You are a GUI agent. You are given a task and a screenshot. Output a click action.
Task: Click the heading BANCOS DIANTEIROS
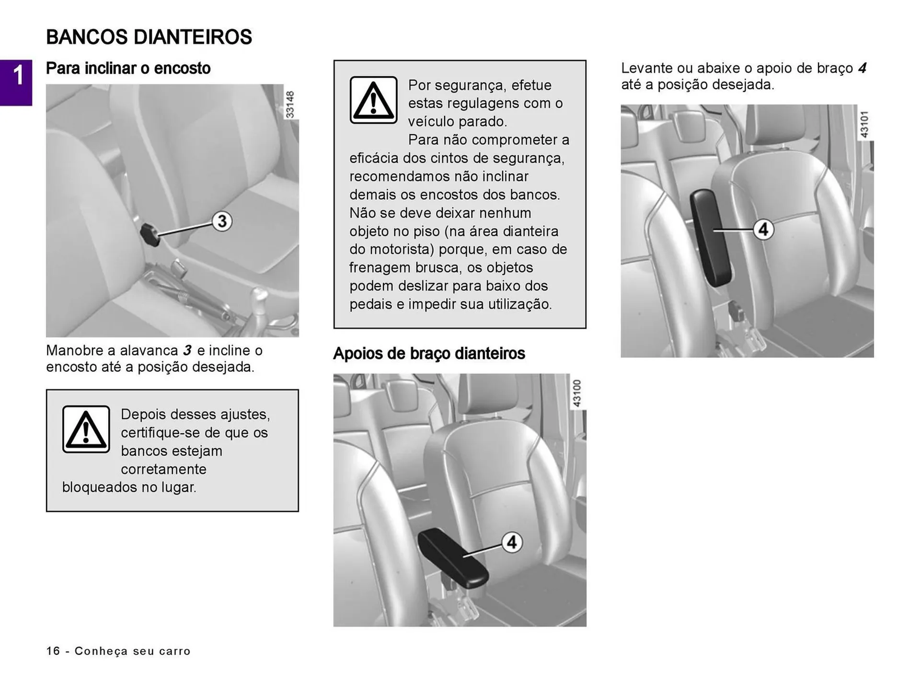click(149, 37)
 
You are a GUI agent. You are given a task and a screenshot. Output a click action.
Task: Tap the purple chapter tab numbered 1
click(16, 82)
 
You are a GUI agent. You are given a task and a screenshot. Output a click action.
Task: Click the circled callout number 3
click(222, 221)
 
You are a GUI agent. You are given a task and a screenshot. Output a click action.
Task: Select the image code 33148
click(290, 104)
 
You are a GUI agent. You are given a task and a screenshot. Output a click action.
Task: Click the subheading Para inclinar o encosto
click(128, 68)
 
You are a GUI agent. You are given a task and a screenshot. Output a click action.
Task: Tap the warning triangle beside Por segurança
click(373, 100)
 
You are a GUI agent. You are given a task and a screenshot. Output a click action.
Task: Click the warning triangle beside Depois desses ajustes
click(86, 429)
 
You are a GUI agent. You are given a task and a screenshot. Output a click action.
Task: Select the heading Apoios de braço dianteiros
click(429, 354)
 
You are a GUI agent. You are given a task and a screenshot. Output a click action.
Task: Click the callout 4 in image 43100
click(512, 542)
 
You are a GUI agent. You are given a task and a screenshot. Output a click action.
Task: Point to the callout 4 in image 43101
click(763, 230)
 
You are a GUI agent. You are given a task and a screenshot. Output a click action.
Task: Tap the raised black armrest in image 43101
click(710, 237)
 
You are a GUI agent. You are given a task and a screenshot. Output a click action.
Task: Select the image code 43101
click(864, 124)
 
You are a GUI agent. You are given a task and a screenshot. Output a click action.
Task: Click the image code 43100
click(577, 393)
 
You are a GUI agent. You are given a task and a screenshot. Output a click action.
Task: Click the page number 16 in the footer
click(53, 651)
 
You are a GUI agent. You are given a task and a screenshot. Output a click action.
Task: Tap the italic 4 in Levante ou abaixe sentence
click(862, 68)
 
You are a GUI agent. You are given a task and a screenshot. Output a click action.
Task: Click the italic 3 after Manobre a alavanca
click(187, 350)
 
